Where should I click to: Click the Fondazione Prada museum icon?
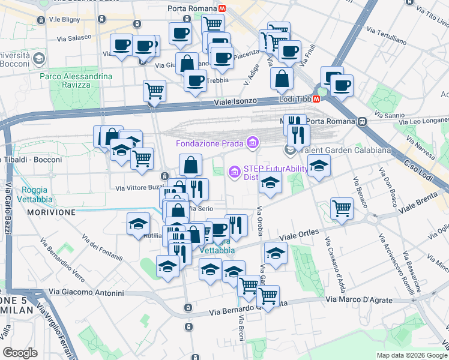[x=253, y=143]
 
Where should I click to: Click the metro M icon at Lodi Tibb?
[x=316, y=100]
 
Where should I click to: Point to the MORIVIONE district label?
[x=51, y=212]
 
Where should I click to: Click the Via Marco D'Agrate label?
[x=359, y=299]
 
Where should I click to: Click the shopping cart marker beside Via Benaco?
[x=341, y=209]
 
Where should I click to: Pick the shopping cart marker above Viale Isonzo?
[x=154, y=91]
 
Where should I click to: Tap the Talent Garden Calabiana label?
[x=346, y=150]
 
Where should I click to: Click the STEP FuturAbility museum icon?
[x=234, y=173]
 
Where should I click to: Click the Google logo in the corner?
[x=20, y=353]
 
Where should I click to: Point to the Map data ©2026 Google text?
[x=412, y=355]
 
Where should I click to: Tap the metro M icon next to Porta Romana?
[x=222, y=9]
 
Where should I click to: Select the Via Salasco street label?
[x=74, y=38]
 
